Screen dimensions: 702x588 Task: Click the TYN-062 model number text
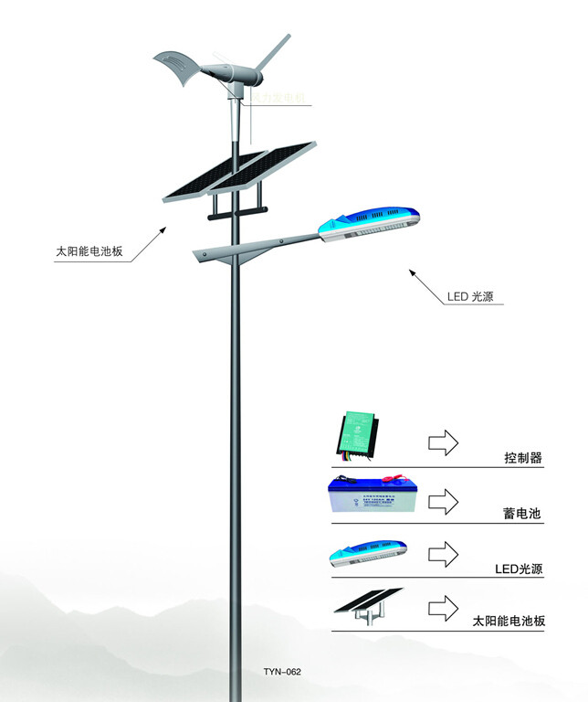click(x=281, y=672)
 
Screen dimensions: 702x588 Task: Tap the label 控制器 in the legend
click(x=523, y=457)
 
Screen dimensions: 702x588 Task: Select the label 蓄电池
click(x=522, y=514)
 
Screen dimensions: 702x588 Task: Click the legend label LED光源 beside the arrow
click(x=519, y=569)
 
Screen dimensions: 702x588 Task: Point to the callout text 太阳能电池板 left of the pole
click(x=89, y=250)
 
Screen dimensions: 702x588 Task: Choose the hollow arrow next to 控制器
click(x=445, y=442)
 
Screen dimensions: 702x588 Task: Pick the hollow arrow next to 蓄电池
click(x=445, y=500)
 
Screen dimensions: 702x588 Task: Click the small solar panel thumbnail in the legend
click(x=365, y=606)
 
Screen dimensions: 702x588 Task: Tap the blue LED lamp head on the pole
click(x=370, y=223)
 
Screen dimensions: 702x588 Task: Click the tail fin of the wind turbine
click(x=178, y=68)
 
